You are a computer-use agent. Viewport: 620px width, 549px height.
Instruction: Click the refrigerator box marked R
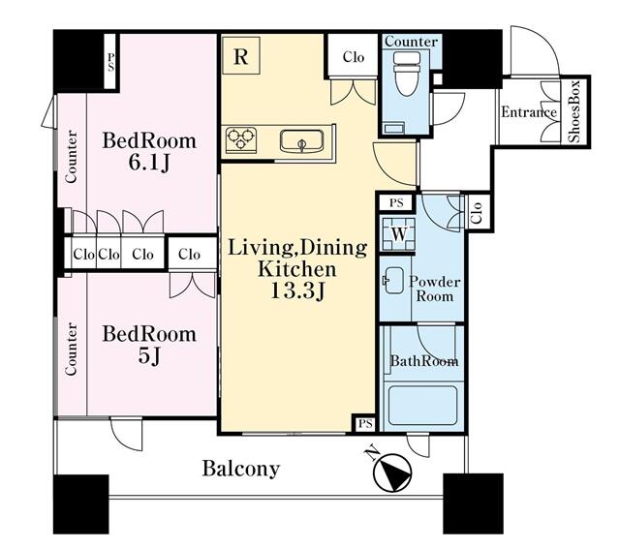[x=241, y=55]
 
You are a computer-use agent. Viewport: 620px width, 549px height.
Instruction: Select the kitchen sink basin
[x=302, y=141]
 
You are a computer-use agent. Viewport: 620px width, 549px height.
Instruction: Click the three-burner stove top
[x=241, y=139]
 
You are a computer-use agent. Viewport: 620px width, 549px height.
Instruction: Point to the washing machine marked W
[x=398, y=234]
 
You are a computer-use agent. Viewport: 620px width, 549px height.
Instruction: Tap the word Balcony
[x=241, y=469]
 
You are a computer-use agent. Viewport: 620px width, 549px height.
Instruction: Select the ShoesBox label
[x=574, y=111]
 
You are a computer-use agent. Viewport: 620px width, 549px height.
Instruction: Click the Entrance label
[x=529, y=112]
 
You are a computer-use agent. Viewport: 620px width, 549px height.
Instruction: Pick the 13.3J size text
[x=297, y=291]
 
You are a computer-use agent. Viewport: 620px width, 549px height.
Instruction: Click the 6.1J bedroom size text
[x=149, y=163]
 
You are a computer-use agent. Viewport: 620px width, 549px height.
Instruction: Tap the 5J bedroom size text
[x=149, y=355]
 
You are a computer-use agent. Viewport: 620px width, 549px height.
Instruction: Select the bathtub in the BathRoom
[x=422, y=405]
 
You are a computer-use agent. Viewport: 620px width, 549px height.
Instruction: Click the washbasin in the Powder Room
[x=393, y=281]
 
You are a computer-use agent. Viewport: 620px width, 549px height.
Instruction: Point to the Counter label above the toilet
[x=411, y=42]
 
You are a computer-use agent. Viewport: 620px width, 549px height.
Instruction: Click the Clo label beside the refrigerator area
[x=354, y=57]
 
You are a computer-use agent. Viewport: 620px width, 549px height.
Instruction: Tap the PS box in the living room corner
[x=365, y=424]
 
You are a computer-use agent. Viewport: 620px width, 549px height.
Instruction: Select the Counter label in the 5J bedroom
[x=71, y=349]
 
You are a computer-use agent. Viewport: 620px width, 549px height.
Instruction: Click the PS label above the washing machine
[x=396, y=203]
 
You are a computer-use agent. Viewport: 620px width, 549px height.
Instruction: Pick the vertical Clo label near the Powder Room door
[x=478, y=212]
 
